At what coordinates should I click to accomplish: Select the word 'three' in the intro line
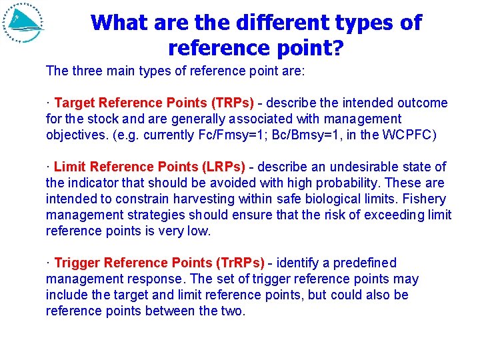[89, 71]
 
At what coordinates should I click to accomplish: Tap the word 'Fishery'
[425, 199]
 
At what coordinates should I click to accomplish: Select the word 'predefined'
[365, 263]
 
